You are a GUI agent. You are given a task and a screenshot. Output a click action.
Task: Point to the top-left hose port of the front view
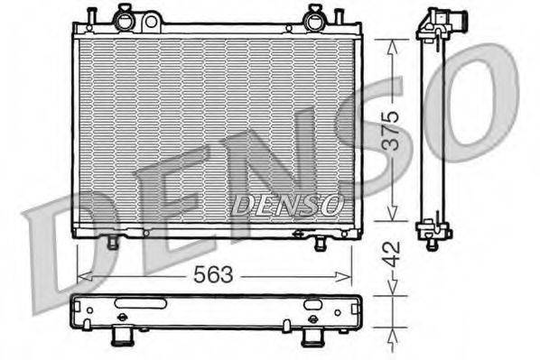point(125,15)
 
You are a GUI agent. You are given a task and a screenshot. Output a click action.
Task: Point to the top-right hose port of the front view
point(313,15)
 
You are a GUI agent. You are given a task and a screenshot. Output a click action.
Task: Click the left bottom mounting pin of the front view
point(113,242)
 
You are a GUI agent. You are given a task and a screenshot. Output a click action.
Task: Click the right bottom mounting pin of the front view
point(320,243)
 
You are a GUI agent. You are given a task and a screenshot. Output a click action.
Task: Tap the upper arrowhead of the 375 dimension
point(388,44)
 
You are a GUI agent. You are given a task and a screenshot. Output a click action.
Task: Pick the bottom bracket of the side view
point(433,232)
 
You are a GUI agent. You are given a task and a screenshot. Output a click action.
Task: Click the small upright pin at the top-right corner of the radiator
point(338,16)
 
